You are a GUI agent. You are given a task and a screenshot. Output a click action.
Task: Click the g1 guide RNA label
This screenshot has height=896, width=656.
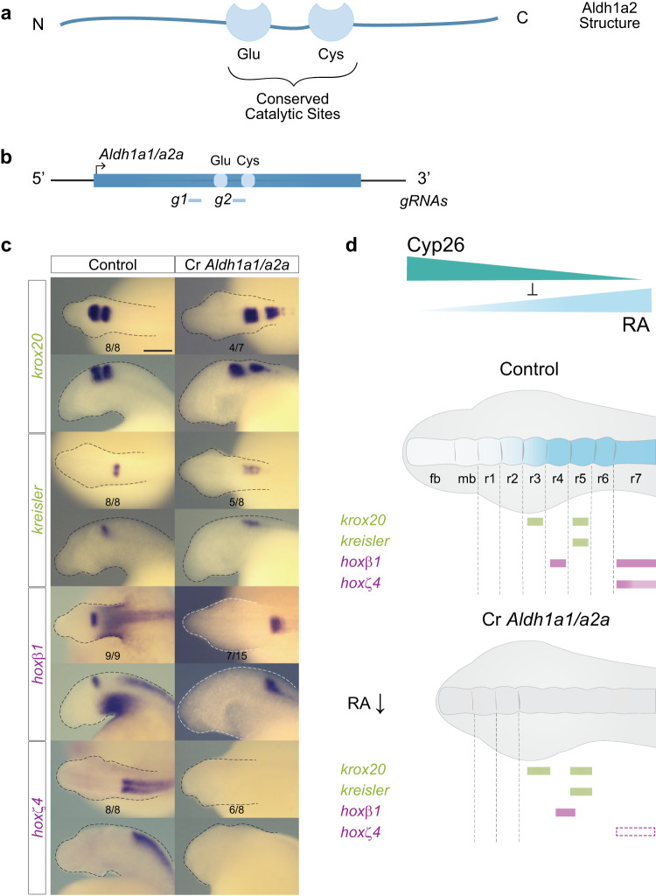[178, 200]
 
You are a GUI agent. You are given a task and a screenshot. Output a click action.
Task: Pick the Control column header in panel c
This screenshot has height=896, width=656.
[112, 263]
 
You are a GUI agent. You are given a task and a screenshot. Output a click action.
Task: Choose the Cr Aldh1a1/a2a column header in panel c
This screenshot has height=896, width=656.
[237, 263]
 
